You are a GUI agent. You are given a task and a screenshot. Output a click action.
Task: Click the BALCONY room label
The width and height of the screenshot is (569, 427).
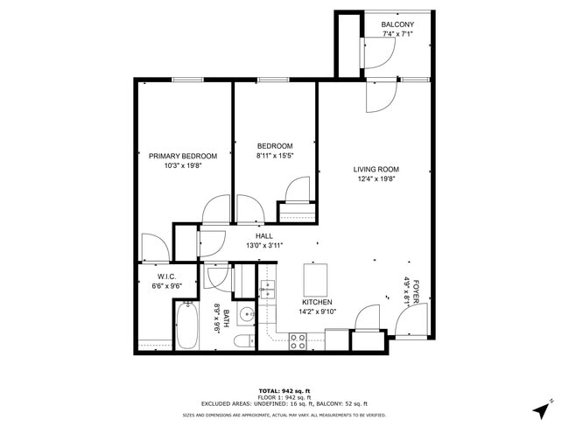pyautogui.click(x=397, y=24)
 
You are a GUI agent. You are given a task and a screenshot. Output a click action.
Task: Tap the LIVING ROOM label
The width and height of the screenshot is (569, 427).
pyautogui.click(x=376, y=170)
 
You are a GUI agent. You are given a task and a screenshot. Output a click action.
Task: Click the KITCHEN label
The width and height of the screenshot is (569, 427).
pyautogui.click(x=316, y=302)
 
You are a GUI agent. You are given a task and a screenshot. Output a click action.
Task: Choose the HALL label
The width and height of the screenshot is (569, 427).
pyautogui.click(x=263, y=235)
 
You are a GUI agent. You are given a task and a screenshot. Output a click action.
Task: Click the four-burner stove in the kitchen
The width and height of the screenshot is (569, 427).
pyautogui.click(x=298, y=340)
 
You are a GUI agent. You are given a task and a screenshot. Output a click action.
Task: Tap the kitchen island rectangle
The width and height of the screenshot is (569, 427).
pyautogui.click(x=315, y=279)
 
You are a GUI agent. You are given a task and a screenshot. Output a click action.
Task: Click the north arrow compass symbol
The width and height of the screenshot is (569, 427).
pyautogui.click(x=543, y=408)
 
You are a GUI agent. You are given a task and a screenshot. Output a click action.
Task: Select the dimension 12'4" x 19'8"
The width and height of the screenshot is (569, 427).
pyautogui.click(x=376, y=180)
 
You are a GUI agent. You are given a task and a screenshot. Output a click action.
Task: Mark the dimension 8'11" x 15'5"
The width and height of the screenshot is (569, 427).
pyautogui.click(x=275, y=156)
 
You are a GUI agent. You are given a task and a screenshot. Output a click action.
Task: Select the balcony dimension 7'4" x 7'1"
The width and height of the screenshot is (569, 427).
pyautogui.click(x=397, y=34)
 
